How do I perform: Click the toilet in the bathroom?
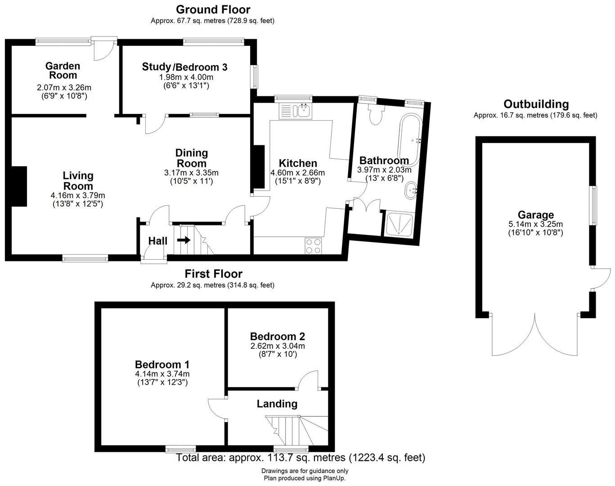pos(375,114)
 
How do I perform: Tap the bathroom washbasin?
pos(411,191)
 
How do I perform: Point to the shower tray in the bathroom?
pos(399,224)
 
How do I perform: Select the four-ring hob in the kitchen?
pos(314,246)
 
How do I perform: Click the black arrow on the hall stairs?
pos(184,240)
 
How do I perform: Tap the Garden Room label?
pos(63,71)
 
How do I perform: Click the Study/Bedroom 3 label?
pos(184,67)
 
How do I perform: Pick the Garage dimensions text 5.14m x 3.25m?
pos(535,224)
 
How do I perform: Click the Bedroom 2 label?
pos(278,336)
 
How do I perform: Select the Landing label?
pos(277,404)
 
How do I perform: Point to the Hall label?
pos(157,241)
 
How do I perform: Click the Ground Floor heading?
pos(213,9)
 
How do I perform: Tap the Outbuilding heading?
pos(536,104)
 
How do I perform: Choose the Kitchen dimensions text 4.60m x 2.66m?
pos(297,173)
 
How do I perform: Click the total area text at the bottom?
pos(300,458)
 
